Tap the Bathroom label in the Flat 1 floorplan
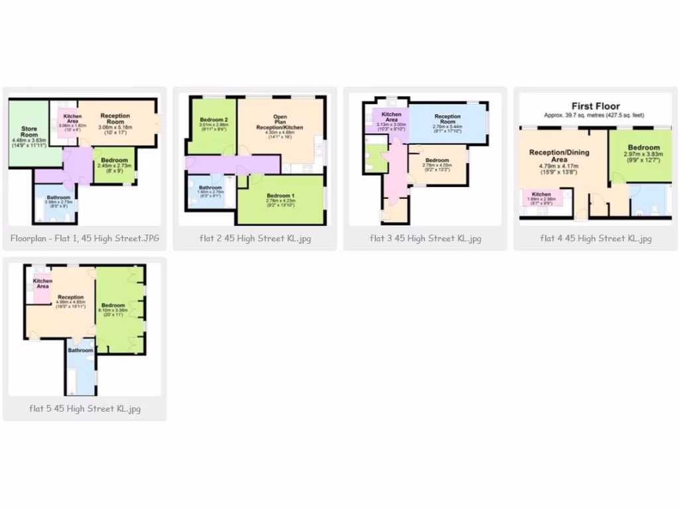[x=59, y=198]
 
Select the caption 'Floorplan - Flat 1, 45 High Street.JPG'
[x=85, y=239]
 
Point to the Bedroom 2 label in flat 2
[x=214, y=120]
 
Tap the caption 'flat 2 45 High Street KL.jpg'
[x=255, y=239]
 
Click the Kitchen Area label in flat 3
[x=391, y=117]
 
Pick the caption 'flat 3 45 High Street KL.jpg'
[x=425, y=239]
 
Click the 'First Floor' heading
[x=595, y=106]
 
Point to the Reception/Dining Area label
[x=558, y=156]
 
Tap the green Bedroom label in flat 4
[x=644, y=147]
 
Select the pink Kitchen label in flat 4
[x=541, y=194]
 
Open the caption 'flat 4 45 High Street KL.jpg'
[x=595, y=239]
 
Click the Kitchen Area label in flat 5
[x=42, y=283]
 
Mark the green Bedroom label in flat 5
[x=113, y=305]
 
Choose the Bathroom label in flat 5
[x=80, y=350]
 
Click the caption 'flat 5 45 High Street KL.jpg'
[x=85, y=409]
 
